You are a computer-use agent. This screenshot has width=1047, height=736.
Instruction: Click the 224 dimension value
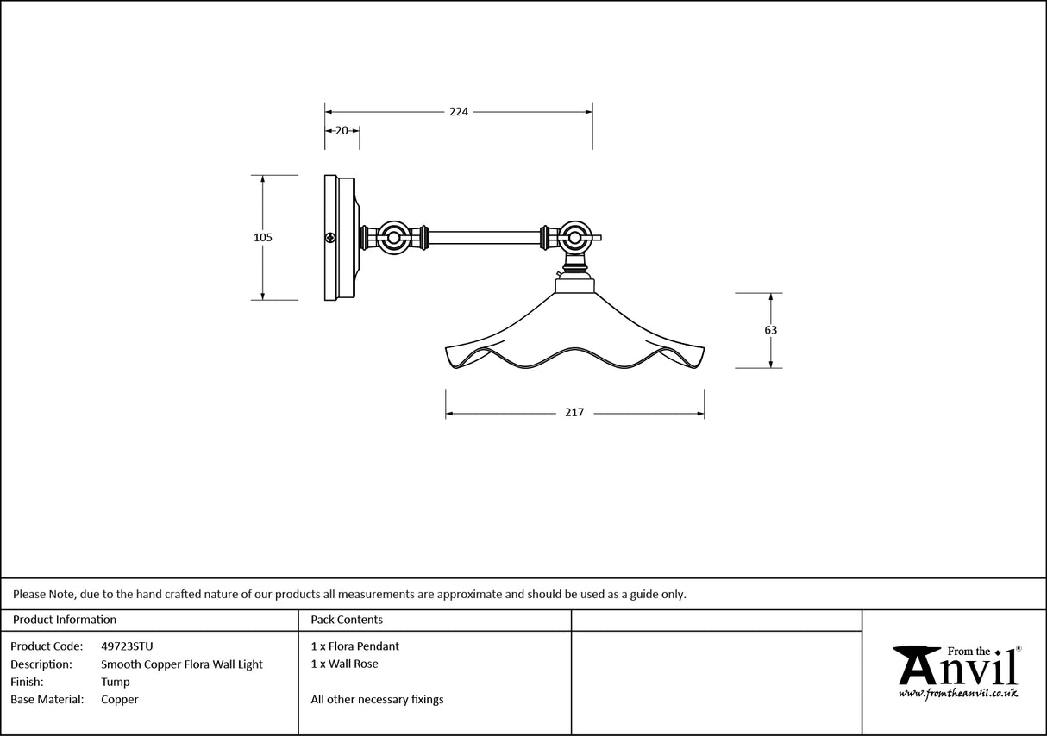point(458,112)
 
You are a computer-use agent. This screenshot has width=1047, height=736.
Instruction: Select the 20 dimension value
point(342,131)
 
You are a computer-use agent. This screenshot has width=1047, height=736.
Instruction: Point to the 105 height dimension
point(263,238)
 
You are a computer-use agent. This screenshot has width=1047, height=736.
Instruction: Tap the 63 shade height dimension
point(770,330)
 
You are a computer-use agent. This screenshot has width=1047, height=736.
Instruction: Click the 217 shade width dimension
point(574,413)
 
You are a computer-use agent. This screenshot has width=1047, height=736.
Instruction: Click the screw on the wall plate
point(329,238)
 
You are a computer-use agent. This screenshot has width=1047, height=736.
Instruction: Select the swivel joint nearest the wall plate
point(395,237)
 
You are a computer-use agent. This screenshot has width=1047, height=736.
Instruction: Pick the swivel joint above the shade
point(574,237)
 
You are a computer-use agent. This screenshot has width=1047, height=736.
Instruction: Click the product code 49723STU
point(127,646)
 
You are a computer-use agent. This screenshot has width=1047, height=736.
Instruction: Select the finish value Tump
point(116,682)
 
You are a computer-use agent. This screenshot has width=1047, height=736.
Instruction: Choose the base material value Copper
point(119,700)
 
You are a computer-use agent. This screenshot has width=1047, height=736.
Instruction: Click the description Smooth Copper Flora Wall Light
point(182,664)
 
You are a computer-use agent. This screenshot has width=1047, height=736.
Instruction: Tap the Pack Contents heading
point(347,620)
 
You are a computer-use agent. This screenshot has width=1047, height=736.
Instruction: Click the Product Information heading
point(65,620)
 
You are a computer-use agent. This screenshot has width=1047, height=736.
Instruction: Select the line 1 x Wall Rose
point(344,664)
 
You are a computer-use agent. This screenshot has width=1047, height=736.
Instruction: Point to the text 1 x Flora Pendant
point(354,646)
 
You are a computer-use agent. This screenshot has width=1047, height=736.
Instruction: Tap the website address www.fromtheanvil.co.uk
point(958,693)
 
